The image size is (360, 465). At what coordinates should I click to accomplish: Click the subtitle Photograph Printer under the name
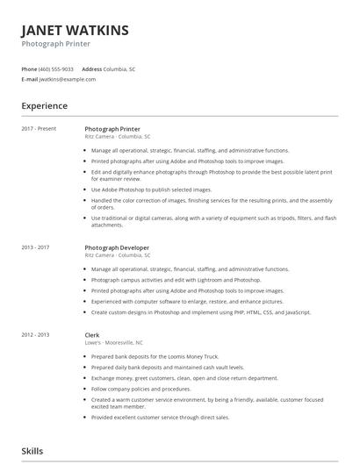(56, 44)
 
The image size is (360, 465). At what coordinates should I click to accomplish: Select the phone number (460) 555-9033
(56, 68)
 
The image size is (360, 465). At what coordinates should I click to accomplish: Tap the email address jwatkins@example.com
(68, 79)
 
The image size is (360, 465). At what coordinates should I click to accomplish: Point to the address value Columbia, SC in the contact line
(119, 68)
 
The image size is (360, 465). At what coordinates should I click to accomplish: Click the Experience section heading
(45, 106)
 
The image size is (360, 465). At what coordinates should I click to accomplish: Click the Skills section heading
(32, 451)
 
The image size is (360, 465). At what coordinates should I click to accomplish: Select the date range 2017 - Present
(39, 129)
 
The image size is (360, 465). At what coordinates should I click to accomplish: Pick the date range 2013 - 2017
(36, 248)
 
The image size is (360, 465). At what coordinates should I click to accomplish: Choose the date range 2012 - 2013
(36, 335)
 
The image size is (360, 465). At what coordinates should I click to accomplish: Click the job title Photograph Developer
(117, 247)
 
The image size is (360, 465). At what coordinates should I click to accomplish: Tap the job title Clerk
(92, 334)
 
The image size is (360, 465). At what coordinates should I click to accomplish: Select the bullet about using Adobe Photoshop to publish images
(151, 190)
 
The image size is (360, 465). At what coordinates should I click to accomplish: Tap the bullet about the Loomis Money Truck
(155, 355)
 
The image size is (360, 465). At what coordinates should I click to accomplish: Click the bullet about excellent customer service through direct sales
(160, 418)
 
